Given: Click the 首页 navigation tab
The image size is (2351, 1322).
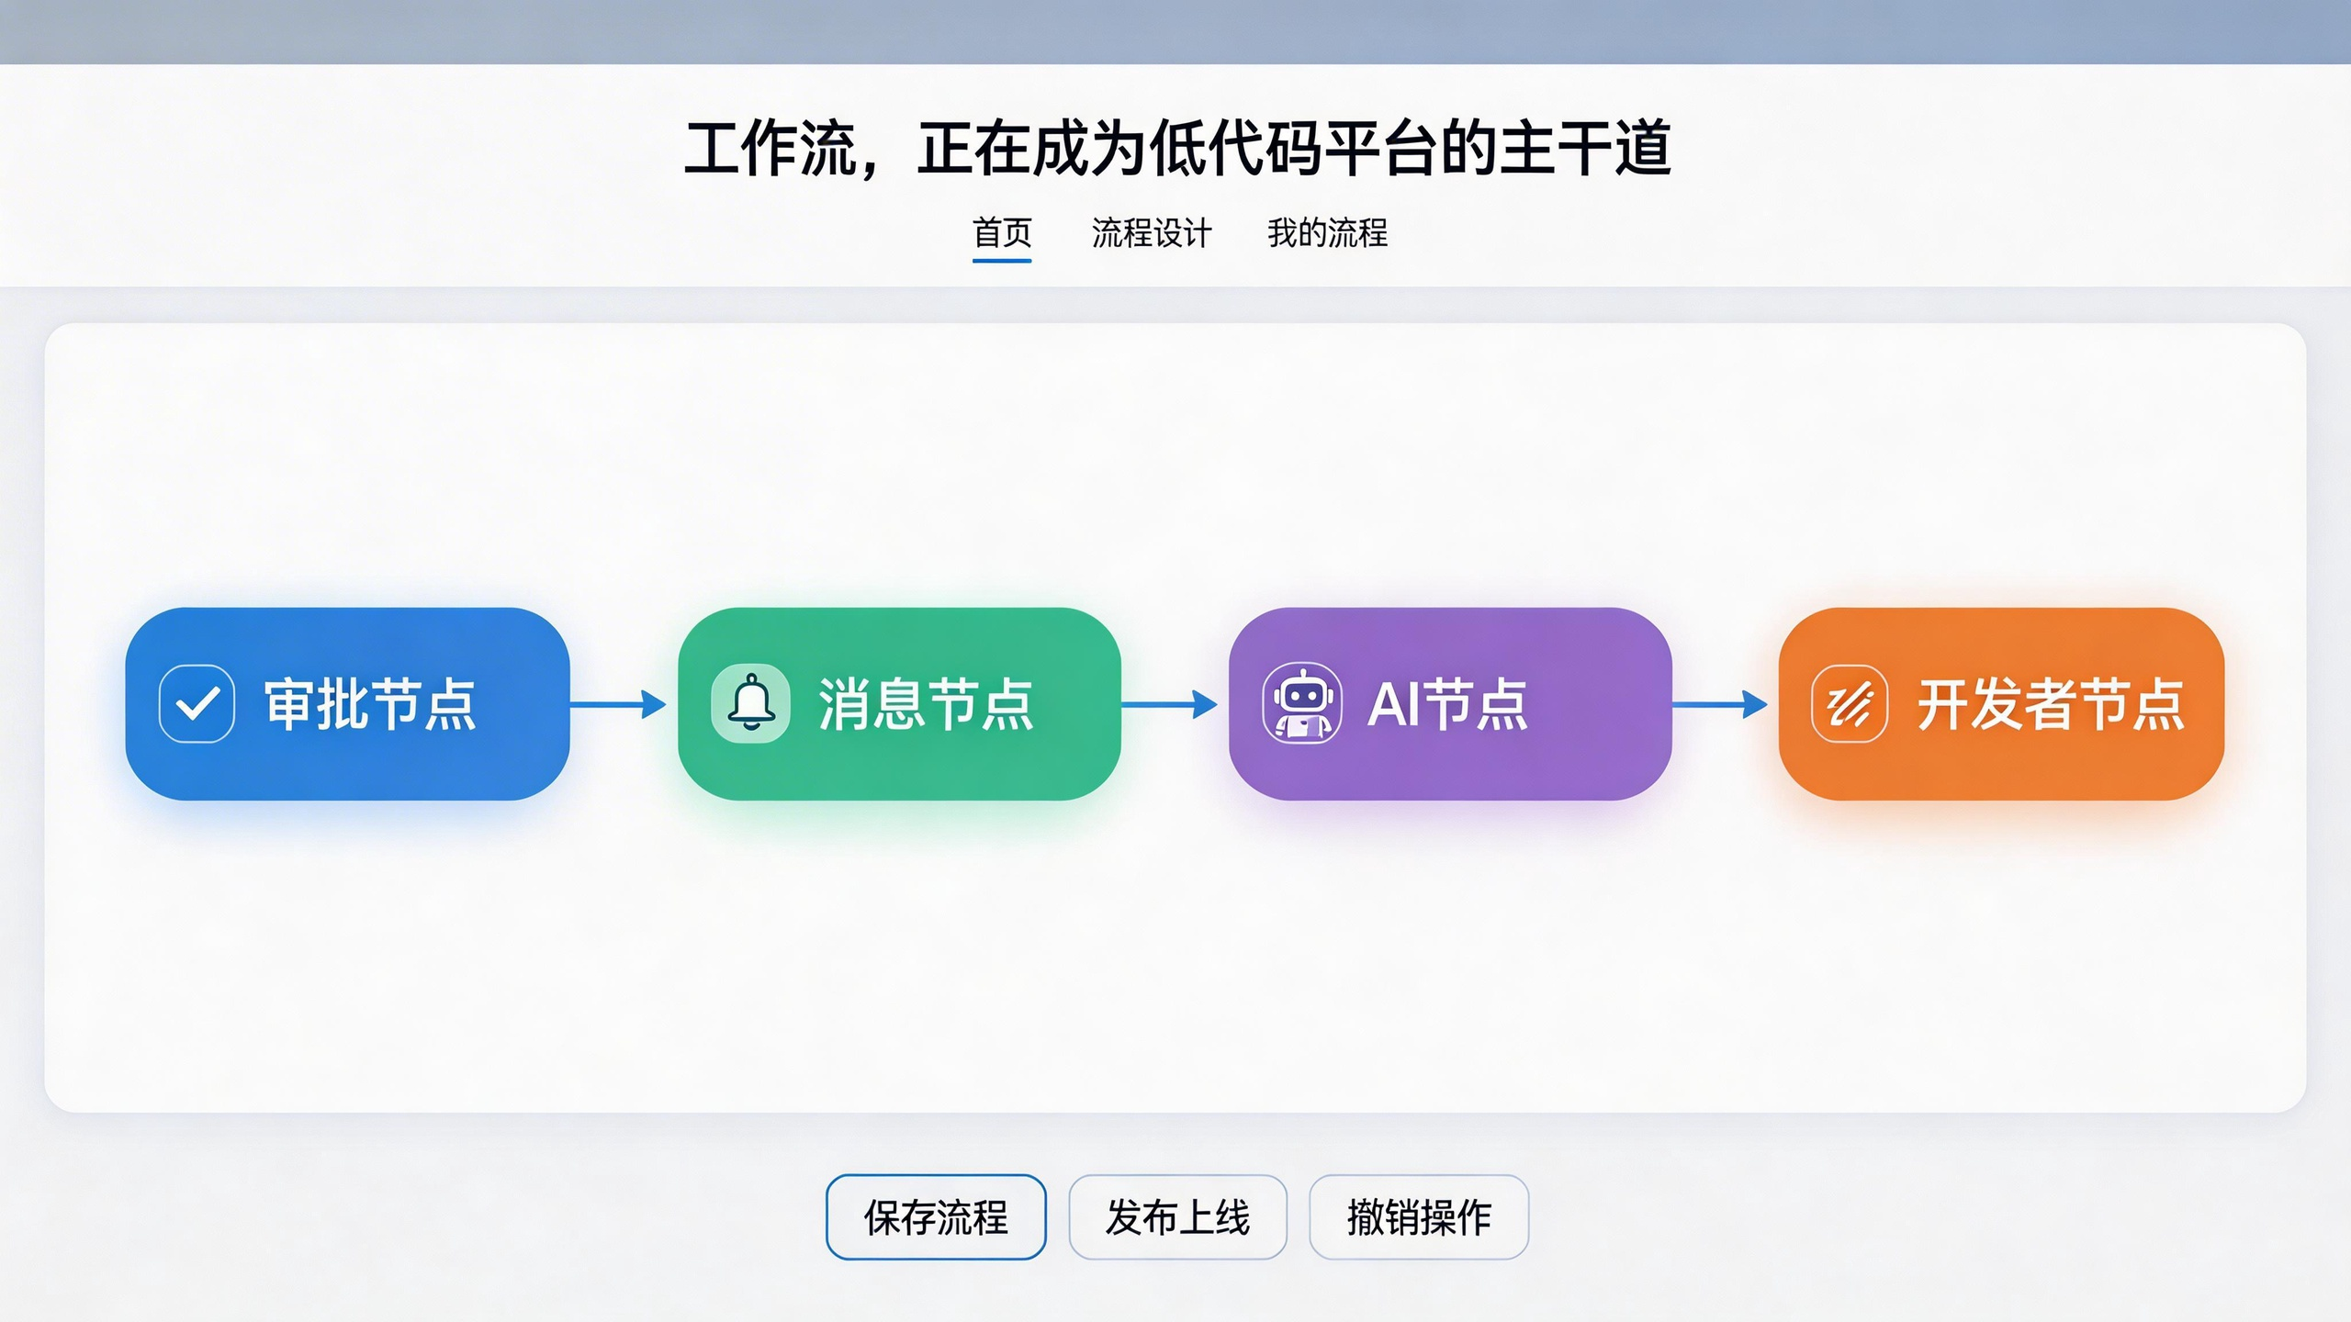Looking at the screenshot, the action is coord(1002,233).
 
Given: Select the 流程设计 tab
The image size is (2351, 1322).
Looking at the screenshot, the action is coord(1152,233).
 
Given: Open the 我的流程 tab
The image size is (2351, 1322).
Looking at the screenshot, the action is coord(1327,233).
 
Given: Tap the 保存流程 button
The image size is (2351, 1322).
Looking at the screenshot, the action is coord(936,1217).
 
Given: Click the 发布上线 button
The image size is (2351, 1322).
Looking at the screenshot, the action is coord(1177,1217).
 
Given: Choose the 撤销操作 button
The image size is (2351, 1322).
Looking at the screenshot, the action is coord(1419,1217).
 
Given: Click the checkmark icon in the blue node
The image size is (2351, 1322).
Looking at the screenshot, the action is coord(197,704).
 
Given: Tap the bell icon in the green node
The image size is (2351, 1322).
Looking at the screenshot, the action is coord(751,704).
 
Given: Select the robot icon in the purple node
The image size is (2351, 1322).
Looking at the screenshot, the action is coord(1302,704).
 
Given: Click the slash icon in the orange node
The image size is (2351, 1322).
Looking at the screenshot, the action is coord(1850,704).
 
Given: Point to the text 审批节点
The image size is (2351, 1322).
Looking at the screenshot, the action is coord(370,704).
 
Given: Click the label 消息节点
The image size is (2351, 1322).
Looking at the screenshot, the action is coord(926,704).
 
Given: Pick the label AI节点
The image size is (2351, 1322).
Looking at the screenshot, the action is coord(1448,704).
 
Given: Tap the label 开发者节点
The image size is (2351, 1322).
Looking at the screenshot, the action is coord(2051,704).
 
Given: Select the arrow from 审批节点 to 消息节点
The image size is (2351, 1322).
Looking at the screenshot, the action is coord(618,704).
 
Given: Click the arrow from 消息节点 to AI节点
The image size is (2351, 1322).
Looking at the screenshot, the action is coord(1169,704).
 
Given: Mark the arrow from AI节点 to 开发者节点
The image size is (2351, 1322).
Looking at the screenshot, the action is coord(1719,704).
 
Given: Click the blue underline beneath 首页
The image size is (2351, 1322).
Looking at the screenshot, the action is coord(1002,261).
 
